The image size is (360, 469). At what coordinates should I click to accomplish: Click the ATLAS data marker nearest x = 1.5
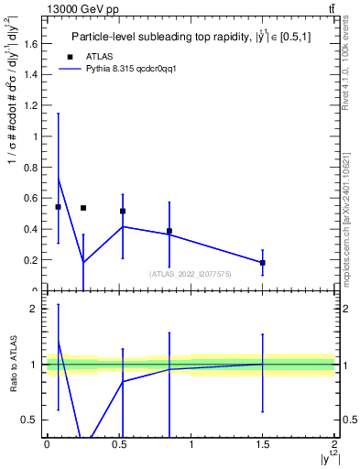[x=263, y=263]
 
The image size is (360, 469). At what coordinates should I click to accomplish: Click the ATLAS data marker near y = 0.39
[x=169, y=231]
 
